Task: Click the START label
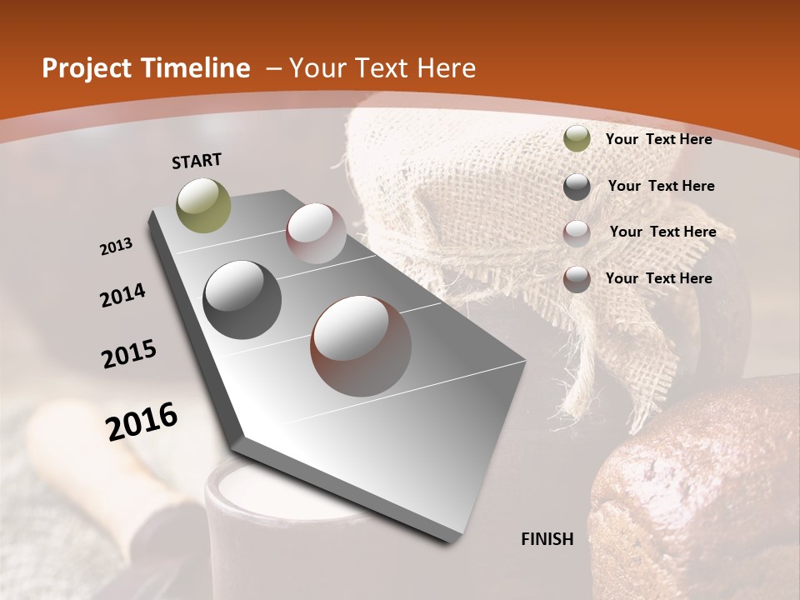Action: coord(197,161)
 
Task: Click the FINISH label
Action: coord(547,539)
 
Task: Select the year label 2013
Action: coord(116,247)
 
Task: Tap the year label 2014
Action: coord(122,296)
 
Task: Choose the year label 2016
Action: coord(142,422)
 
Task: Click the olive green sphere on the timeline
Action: coord(204,205)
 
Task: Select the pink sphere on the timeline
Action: coord(316,233)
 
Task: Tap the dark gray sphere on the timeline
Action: coord(242,300)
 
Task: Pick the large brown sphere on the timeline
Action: coord(361,346)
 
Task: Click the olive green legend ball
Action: coord(577,138)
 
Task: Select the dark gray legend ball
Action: coord(577,187)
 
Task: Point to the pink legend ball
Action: coord(577,233)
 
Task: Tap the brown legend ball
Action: coord(577,279)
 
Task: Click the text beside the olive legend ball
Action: coord(658,139)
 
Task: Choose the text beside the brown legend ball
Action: coord(658,278)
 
